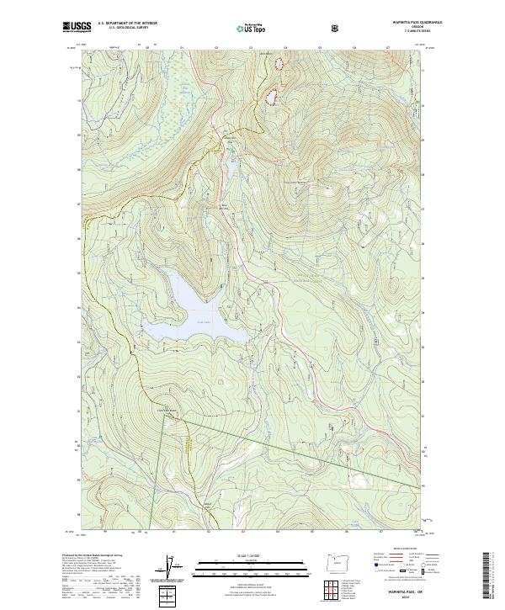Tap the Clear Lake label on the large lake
(201, 320)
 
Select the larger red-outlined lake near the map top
(273, 97)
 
